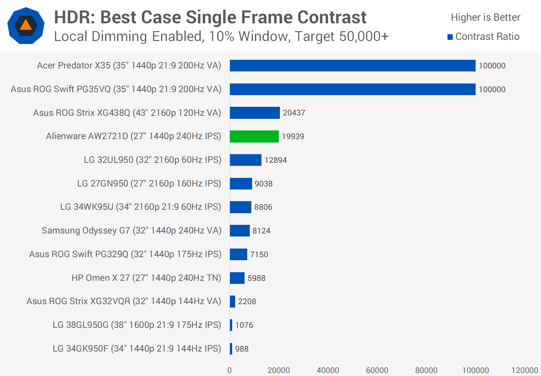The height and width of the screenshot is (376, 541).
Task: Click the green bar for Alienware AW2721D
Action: tap(254, 136)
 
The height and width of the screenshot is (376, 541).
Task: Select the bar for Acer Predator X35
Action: tap(352, 66)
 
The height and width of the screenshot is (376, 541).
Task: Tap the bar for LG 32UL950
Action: tap(246, 160)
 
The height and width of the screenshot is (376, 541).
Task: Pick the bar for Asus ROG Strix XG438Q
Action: tap(255, 113)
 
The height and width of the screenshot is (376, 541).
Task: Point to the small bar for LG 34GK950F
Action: tap(231, 349)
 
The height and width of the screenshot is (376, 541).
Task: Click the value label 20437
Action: tap(294, 113)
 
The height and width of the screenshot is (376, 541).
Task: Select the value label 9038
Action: tap(263, 184)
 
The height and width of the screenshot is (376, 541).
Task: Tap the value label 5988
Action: tap(256, 278)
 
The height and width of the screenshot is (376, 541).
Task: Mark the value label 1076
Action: tap(244, 325)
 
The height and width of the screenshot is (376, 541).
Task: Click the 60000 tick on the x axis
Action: tap(377, 370)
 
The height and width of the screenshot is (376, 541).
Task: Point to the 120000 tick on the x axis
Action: tap(524, 370)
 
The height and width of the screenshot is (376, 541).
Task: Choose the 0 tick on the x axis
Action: tap(230, 370)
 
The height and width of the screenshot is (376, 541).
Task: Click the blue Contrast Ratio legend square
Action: tap(450, 37)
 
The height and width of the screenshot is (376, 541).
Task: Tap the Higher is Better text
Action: tap(485, 17)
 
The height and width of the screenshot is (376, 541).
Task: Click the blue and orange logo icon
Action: tap(26, 26)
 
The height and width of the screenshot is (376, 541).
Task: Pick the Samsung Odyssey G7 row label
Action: tap(131, 230)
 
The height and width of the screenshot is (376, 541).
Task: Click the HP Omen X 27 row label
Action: tap(146, 278)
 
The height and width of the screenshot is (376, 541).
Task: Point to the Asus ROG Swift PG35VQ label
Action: tap(116, 89)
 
